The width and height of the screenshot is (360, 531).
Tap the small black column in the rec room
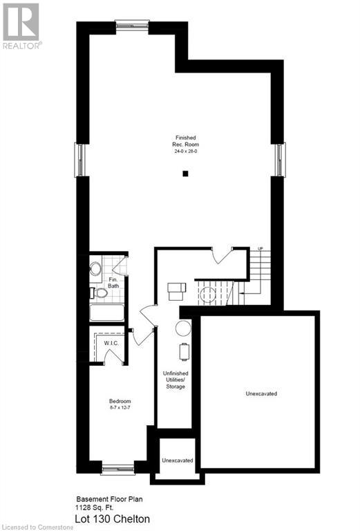185,174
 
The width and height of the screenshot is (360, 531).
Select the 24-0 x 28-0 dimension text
184,151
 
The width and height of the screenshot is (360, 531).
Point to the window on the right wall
281,160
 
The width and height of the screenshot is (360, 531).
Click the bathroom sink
95,267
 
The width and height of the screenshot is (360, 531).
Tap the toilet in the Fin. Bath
100,293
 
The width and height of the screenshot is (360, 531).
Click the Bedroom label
120,402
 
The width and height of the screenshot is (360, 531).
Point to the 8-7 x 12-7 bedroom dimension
120,409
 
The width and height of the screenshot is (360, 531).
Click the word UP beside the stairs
260,249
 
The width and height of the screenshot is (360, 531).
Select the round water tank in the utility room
183,328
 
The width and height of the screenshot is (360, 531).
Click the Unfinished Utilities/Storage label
174,380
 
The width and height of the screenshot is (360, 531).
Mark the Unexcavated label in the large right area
261,393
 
